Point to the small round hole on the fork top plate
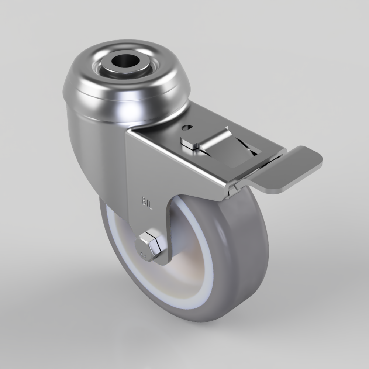187,127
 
